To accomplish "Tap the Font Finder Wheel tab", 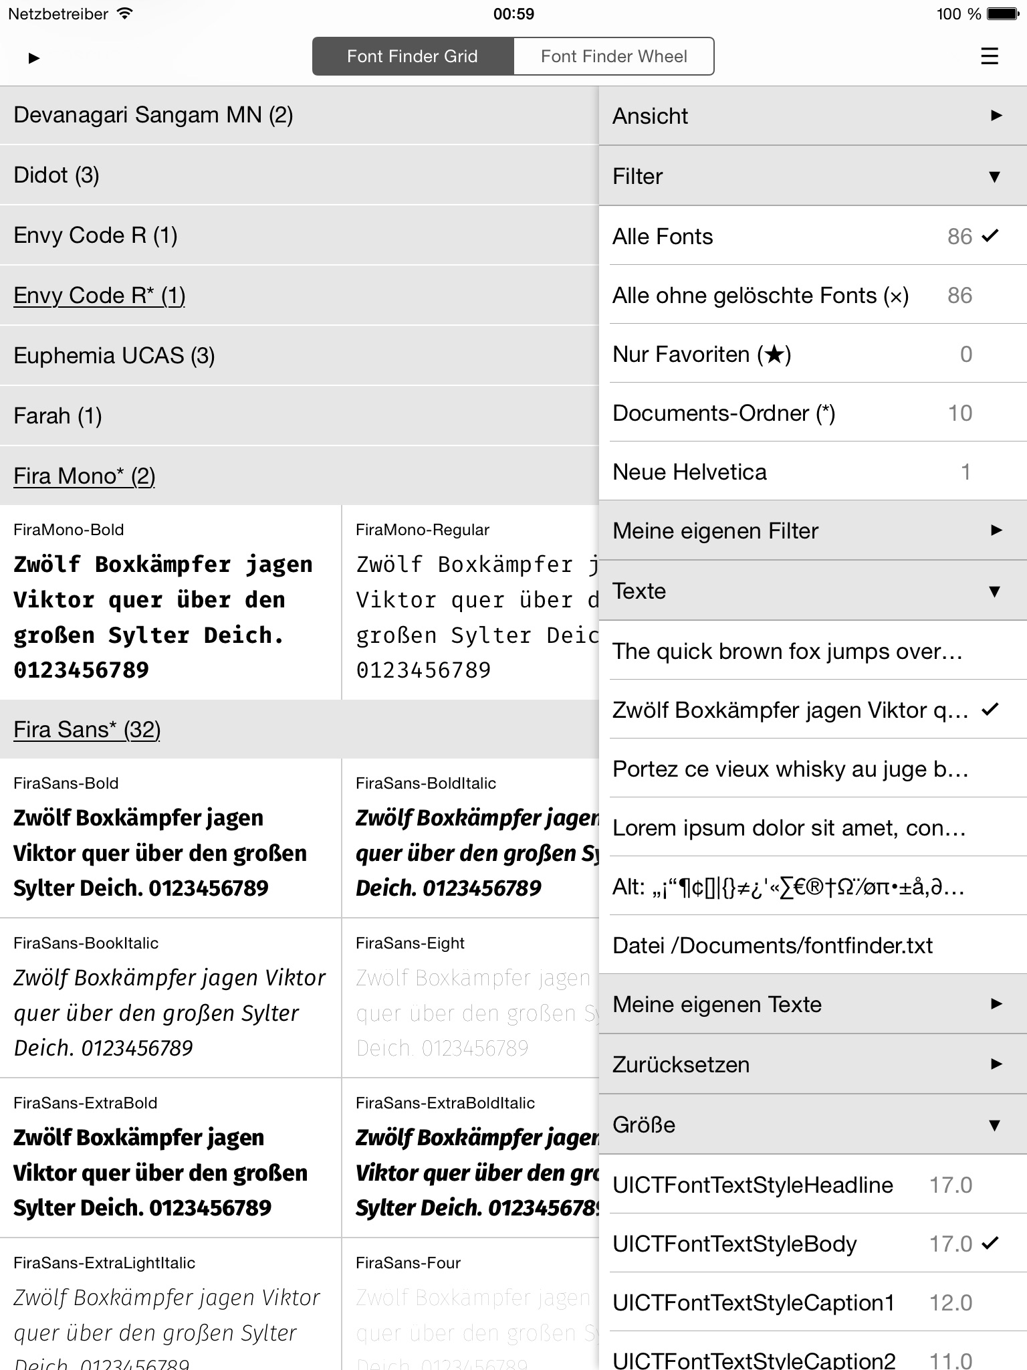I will (613, 56).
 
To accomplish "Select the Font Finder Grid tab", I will (412, 56).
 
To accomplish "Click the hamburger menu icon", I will (989, 56).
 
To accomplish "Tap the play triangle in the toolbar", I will (34, 58).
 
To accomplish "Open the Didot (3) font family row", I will (56, 175).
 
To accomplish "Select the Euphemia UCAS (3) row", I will (114, 356).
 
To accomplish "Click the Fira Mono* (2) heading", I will (84, 476).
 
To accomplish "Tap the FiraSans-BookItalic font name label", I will (86, 943).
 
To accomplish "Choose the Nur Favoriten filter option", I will (701, 355).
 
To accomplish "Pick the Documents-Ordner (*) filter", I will (723, 413).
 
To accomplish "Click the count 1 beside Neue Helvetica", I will (965, 472).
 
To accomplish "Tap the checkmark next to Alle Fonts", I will (990, 235).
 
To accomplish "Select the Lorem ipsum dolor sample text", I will (789, 828).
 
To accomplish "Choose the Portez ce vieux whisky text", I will (790, 769).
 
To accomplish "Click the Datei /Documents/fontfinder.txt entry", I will (772, 946).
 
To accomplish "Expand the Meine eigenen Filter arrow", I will (996, 530).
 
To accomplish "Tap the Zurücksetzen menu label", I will (681, 1064).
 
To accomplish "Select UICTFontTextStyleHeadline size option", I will (752, 1185).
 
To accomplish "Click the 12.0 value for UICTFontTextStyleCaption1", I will (950, 1302).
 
